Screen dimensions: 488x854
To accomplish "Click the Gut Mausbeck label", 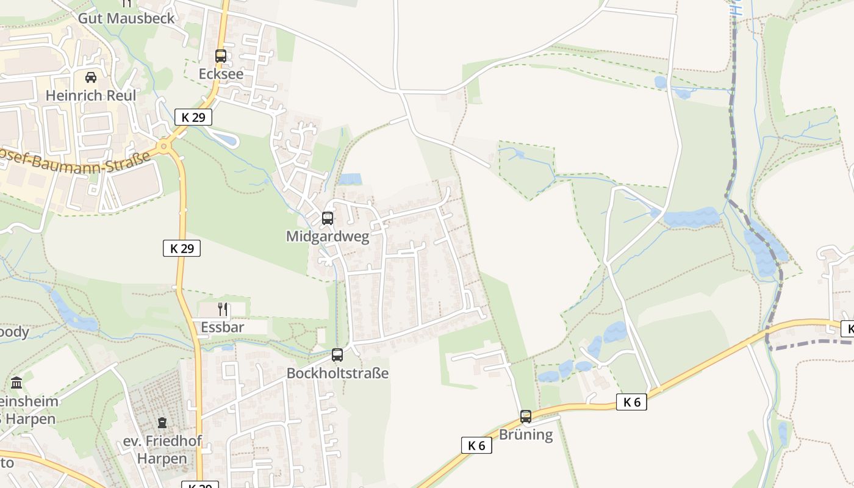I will click(126, 18).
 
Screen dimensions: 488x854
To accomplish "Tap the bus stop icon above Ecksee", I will click(221, 56).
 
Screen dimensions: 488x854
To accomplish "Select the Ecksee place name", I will click(221, 74).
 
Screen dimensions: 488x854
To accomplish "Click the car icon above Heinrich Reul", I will click(91, 77).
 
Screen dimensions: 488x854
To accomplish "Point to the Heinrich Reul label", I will click(91, 96).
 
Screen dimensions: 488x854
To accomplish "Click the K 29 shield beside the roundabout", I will click(193, 117).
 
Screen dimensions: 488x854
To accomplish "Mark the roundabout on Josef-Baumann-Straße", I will click(163, 146).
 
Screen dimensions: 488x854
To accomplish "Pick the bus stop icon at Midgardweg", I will click(328, 218).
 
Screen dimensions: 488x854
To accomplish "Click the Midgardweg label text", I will click(328, 237).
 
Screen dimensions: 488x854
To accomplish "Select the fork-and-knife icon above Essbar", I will click(223, 309).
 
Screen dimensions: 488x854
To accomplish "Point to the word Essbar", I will click(223, 328).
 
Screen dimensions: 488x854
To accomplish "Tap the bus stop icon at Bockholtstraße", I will click(337, 354).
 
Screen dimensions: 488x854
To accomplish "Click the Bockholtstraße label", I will click(337, 373).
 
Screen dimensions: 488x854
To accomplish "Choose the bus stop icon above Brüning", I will click(526, 417).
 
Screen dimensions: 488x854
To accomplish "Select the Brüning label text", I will click(526, 435).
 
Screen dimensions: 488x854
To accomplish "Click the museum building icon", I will click(16, 383).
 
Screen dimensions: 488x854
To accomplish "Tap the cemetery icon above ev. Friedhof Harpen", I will click(162, 422).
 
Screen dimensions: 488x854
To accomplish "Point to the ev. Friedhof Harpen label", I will click(162, 449).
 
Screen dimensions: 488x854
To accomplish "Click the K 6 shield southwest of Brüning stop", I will click(476, 446).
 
